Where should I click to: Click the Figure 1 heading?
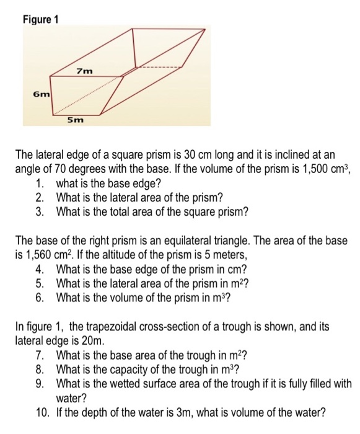40,19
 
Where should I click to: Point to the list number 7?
41,355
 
